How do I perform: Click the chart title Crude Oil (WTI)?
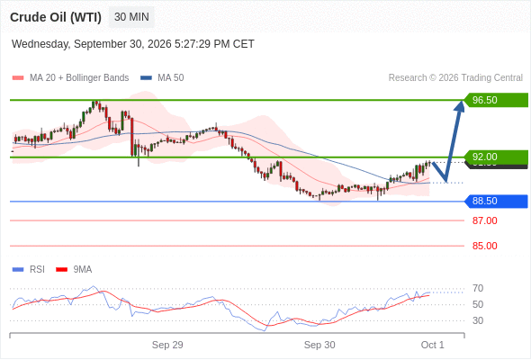56,17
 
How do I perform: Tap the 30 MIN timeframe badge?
131,17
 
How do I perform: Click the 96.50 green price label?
496,100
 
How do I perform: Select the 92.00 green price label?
496,157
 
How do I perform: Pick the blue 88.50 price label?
496,202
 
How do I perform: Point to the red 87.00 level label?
484,220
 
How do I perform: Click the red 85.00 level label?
484,246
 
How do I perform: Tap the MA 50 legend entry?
162,78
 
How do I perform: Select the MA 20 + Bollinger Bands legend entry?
70,78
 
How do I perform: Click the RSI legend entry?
29,270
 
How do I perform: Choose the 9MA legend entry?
74,270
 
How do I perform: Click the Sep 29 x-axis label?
167,345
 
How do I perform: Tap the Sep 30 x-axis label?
319,345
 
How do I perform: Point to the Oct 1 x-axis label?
432,345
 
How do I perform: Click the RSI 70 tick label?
478,289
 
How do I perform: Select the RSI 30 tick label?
478,320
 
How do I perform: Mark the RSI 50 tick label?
478,304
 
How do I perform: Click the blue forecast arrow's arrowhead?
460,105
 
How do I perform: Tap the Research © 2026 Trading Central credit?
455,78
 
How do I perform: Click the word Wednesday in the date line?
40,44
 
